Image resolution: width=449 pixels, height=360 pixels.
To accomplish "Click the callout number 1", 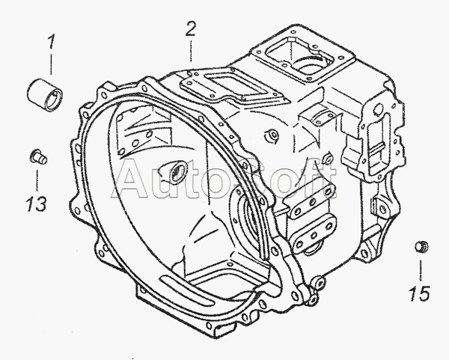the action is click(51, 42).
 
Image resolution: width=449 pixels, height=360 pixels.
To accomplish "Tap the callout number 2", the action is click(190, 29).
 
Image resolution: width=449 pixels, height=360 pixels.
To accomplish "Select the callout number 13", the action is click(37, 204).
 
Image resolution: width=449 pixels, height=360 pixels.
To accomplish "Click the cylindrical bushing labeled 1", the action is click(45, 94).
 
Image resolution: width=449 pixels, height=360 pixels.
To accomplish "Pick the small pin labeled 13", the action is click(38, 156).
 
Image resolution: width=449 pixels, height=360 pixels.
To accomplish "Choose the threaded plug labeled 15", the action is click(421, 247).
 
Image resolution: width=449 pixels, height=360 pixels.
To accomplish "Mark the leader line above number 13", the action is click(37, 180).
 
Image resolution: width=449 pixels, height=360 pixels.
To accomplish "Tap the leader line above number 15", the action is click(421, 271).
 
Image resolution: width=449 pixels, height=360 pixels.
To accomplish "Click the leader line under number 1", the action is click(51, 64).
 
